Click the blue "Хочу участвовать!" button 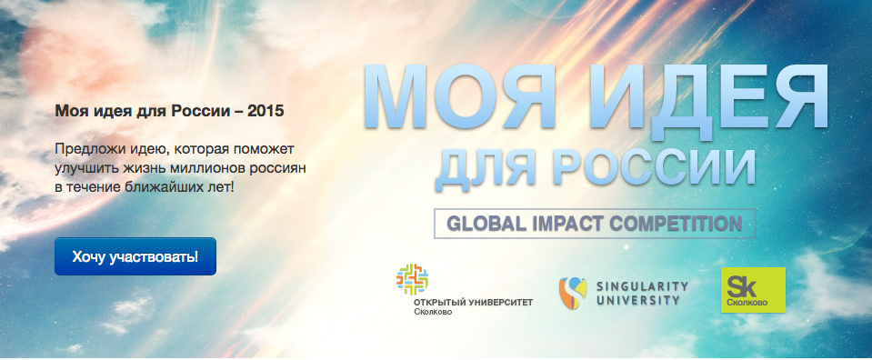point(135,256)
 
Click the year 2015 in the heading point(266,111)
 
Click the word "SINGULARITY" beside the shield point(642,286)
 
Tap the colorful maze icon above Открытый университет point(412,279)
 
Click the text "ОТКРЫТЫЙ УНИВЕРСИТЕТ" point(473,303)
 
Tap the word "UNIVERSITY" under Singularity point(638,301)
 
